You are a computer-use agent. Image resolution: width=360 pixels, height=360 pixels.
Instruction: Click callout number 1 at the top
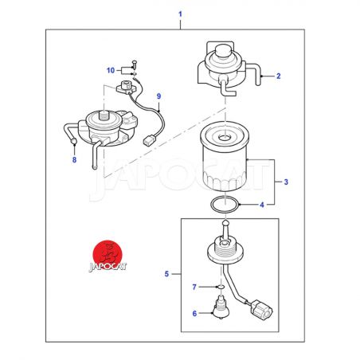[x=180, y=14]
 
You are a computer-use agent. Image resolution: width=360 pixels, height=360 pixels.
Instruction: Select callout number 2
[x=278, y=76]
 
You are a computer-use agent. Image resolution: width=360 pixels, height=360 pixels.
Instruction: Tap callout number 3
[x=286, y=182]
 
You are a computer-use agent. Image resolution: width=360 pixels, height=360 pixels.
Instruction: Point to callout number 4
[x=262, y=205]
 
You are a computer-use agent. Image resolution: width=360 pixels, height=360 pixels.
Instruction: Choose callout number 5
[x=166, y=274]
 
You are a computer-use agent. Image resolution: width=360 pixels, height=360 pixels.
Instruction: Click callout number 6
[x=194, y=314]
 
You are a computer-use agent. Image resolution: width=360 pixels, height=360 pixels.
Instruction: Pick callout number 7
[x=194, y=287]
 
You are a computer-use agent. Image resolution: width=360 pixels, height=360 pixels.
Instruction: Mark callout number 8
[x=74, y=159]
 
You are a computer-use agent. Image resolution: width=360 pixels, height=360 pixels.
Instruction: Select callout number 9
[x=158, y=96]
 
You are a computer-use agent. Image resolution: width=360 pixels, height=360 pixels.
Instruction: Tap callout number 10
[x=111, y=70]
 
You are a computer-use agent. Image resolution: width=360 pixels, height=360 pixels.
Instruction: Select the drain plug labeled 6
[x=221, y=309]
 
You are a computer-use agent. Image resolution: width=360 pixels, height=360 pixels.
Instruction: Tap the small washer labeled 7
[x=221, y=287]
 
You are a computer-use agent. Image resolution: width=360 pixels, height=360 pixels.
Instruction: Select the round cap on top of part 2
[x=223, y=50]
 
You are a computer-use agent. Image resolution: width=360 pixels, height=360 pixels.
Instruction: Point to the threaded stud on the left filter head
[x=104, y=115]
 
